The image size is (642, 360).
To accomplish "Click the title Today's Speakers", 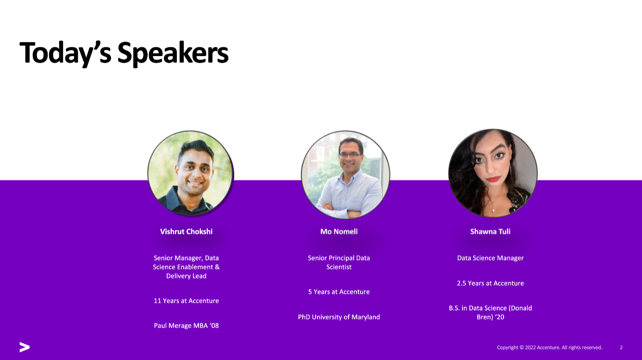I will click(x=124, y=53).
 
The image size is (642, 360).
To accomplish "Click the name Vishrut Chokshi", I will click(x=186, y=231).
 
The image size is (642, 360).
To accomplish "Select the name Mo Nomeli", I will click(x=339, y=231).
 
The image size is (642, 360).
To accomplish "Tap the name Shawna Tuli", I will click(x=490, y=231).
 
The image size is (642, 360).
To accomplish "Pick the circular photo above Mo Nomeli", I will click(x=345, y=174).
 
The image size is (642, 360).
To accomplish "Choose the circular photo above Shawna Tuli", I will click(x=492, y=173).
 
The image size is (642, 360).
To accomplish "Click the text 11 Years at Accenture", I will click(x=186, y=301).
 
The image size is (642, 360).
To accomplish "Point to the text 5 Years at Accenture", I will click(x=339, y=292).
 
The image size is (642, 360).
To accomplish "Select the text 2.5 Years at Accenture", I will click(x=490, y=283).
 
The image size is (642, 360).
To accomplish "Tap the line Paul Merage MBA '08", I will click(x=186, y=326).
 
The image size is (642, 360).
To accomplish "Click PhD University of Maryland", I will click(x=339, y=317).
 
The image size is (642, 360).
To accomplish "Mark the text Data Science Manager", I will click(x=490, y=258).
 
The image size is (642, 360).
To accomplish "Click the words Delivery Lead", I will click(x=186, y=276).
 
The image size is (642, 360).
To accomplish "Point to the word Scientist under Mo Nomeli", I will click(x=339, y=267).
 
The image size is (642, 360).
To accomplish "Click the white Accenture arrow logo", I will click(x=25, y=347).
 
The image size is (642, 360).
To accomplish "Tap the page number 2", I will click(x=621, y=348).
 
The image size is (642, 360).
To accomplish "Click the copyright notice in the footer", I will click(x=549, y=348).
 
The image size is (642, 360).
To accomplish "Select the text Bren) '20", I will click(x=490, y=317).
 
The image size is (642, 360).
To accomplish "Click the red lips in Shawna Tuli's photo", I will click(x=493, y=179).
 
